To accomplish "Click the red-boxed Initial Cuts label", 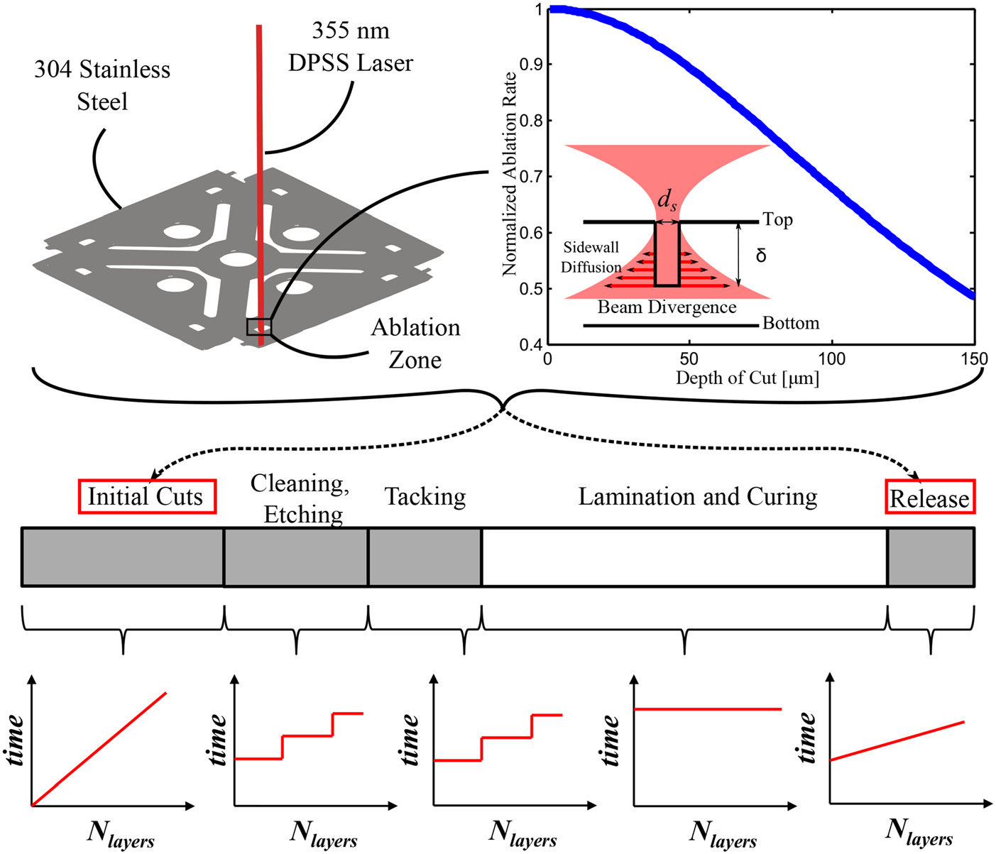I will [146, 496].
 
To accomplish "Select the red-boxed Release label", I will [929, 498].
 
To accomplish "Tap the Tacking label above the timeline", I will [425, 496].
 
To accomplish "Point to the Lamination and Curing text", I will [697, 496].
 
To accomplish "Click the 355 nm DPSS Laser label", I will [351, 47].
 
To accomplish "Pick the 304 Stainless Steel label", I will [102, 85].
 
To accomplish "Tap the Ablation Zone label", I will [415, 343].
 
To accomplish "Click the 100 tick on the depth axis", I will [832, 359].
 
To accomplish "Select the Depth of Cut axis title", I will [747, 378].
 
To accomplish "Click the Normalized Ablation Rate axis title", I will [509, 174].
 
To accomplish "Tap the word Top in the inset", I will [777, 219].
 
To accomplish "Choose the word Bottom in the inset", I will [791, 324].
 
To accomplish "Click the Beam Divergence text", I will [667, 307].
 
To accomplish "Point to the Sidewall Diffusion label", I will [591, 257].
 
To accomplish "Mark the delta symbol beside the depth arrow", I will [761, 255].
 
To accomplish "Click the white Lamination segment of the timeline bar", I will [684, 557].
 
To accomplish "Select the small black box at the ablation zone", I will [259, 327].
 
